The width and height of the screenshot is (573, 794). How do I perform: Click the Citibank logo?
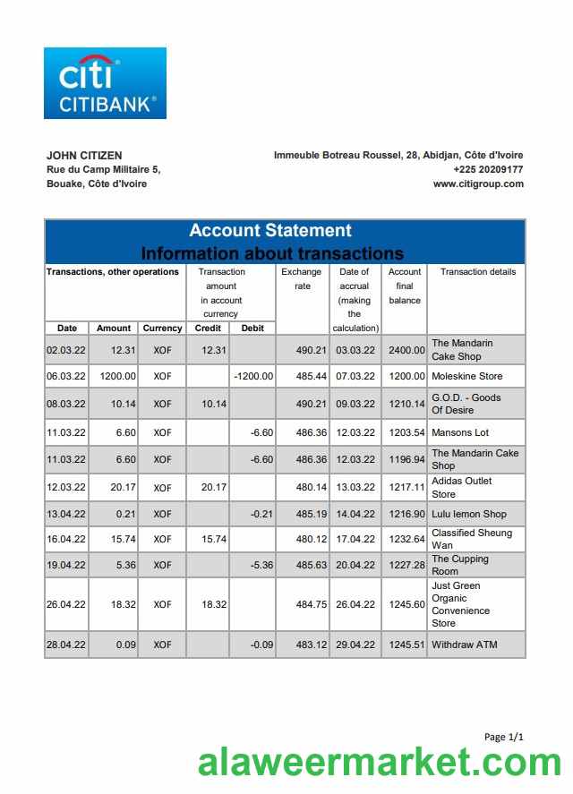point(105,83)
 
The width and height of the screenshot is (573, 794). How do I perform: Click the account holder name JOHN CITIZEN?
point(84,155)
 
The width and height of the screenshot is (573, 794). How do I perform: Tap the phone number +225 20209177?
point(488,169)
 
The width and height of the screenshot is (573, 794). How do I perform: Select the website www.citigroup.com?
point(478,184)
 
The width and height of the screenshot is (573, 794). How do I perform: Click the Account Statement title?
point(269,230)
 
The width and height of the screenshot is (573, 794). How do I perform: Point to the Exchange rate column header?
point(302,278)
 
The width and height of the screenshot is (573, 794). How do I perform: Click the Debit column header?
point(252,328)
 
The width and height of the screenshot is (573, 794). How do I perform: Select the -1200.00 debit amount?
point(253,377)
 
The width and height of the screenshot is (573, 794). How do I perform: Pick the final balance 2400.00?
point(406,350)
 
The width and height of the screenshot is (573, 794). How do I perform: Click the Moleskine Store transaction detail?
point(467,377)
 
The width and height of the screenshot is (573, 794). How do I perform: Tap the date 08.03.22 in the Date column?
point(66,405)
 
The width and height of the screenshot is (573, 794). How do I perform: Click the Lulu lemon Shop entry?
point(469,515)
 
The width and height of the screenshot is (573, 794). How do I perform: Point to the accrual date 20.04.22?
point(355,566)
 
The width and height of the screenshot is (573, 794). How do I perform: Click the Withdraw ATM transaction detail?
point(464,645)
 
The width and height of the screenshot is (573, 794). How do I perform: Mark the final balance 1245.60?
point(406,605)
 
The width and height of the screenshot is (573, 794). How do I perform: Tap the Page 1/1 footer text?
point(503,737)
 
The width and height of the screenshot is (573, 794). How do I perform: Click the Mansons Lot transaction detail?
point(460,433)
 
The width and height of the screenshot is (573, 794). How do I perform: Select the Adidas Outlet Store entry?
point(461,488)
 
